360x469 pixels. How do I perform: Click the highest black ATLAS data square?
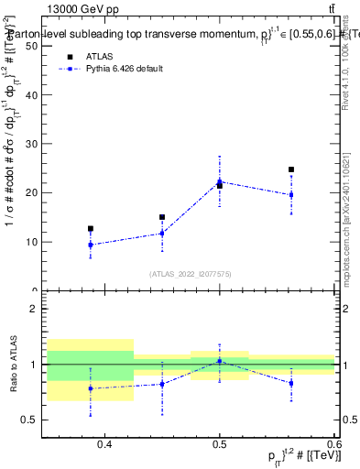point(290,169)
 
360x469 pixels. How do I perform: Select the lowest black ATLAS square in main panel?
point(91,229)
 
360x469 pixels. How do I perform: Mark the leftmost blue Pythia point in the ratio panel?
point(91,388)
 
